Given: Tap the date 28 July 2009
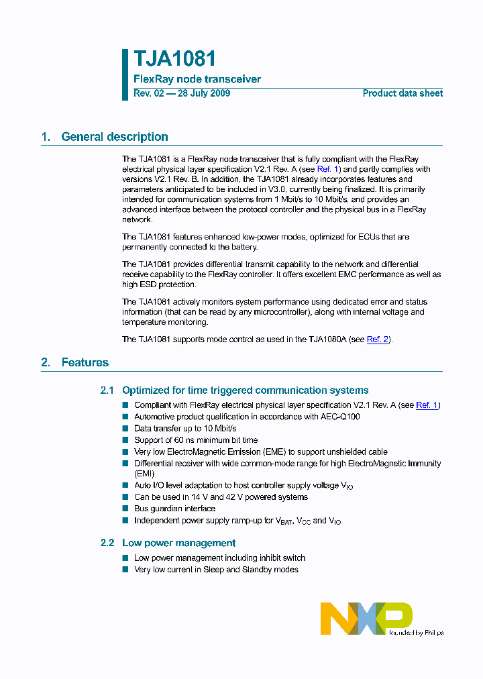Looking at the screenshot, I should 203,93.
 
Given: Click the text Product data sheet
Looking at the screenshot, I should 402,93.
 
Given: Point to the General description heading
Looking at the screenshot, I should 115,137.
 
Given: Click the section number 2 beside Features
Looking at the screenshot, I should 45,362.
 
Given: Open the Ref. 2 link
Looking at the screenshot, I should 378,339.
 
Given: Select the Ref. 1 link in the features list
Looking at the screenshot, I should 427,405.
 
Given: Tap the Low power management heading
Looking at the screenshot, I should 178,543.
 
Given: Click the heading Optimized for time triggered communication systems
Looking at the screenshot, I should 245,390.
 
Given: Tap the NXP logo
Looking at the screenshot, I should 366,617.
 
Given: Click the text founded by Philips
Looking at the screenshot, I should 416,632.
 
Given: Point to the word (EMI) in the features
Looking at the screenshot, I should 144,473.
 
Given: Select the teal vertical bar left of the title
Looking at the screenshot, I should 125,74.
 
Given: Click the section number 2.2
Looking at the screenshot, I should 107,543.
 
